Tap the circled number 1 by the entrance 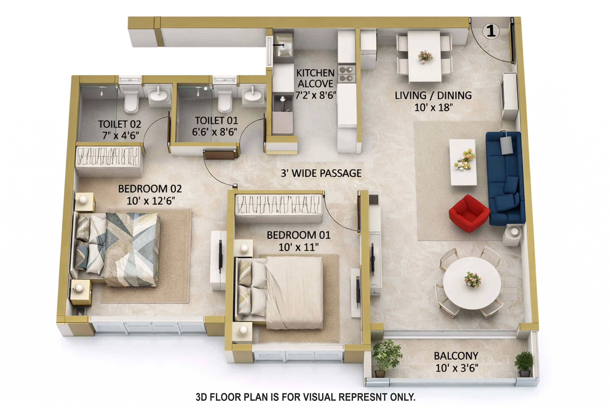[x=491, y=31]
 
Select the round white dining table [x=472, y=283]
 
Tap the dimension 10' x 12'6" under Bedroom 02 [x=151, y=201]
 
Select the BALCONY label [x=456, y=356]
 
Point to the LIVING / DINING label [x=433, y=96]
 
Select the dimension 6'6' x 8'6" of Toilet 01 [x=214, y=132]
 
